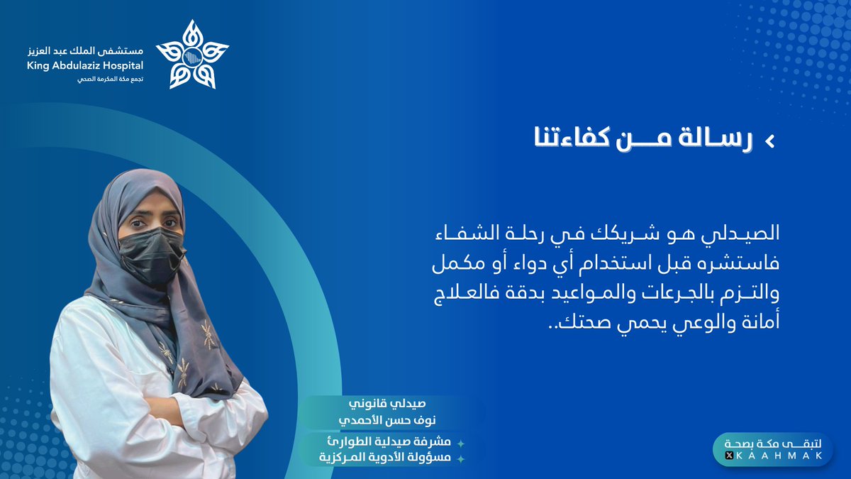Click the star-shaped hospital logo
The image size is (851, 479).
pyautogui.click(x=192, y=55)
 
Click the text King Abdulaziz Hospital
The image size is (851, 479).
pyautogui.click(x=84, y=66)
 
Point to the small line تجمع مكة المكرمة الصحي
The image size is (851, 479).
pyautogui.click(x=111, y=79)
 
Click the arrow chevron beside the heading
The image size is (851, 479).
pyautogui.click(x=769, y=142)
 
